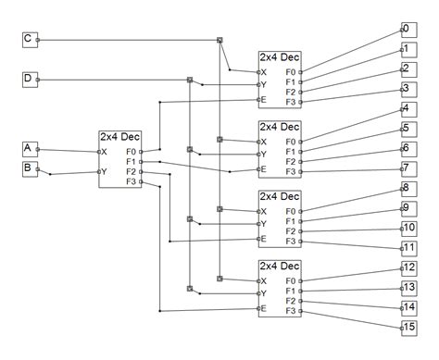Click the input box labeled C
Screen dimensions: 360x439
(x=28, y=39)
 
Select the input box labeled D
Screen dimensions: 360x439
(x=28, y=80)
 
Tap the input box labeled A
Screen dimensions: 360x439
(x=28, y=148)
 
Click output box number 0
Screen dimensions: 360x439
(x=407, y=29)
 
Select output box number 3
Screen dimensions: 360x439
(x=407, y=89)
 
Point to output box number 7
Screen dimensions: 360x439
(x=407, y=168)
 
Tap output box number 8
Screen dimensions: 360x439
(x=407, y=188)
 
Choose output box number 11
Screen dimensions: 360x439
(x=408, y=248)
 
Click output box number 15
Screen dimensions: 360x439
(x=408, y=327)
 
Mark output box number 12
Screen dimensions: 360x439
(x=408, y=267)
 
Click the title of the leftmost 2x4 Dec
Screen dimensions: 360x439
(x=120, y=137)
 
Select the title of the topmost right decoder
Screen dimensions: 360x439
(x=280, y=57)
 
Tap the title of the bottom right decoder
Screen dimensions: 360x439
(x=280, y=267)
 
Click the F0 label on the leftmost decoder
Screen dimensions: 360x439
(x=131, y=151)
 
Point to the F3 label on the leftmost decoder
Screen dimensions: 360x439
(x=131, y=181)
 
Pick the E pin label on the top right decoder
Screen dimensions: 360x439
(x=264, y=99)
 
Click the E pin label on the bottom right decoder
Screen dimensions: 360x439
(x=264, y=308)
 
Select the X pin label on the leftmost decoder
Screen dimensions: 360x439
(x=105, y=151)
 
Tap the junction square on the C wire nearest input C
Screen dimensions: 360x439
(x=219, y=40)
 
